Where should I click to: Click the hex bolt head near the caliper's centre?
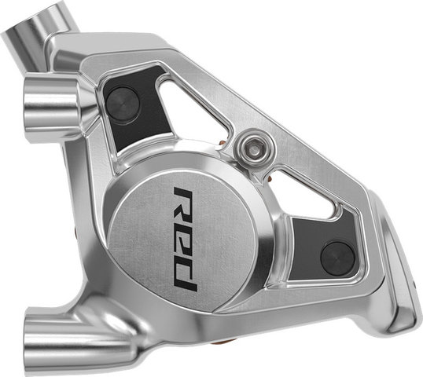[256, 145]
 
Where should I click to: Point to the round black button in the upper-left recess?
[123, 104]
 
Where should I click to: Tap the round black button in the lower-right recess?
[338, 258]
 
